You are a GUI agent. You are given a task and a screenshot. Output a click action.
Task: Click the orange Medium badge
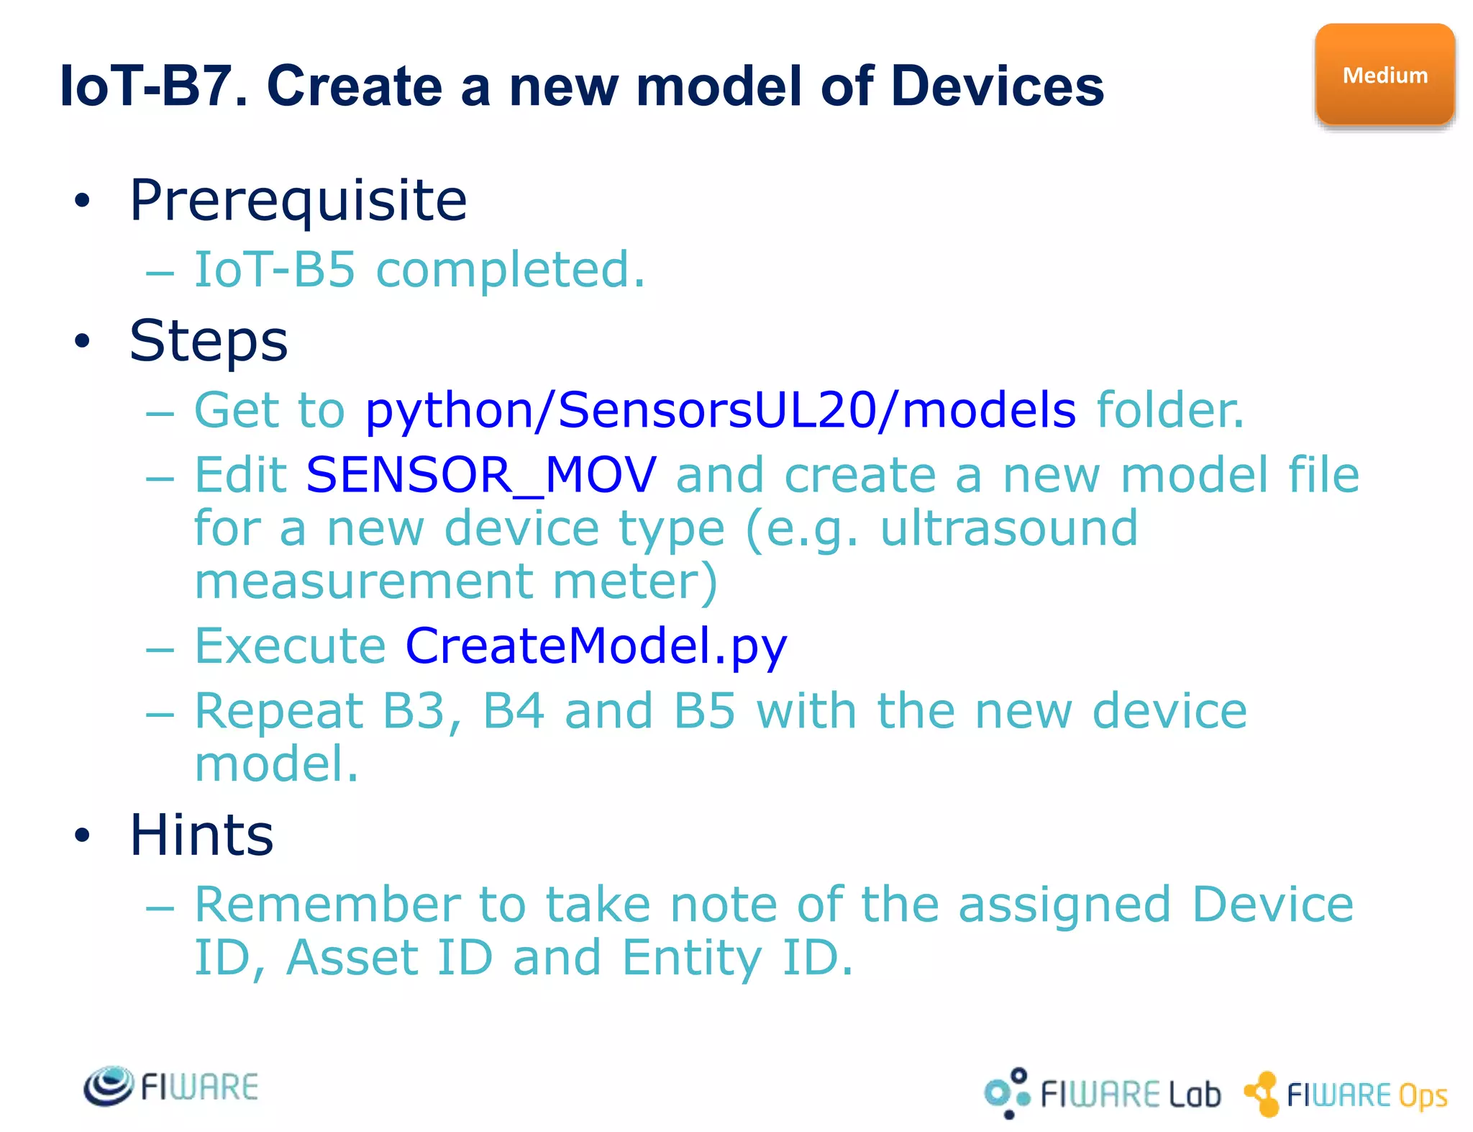1385,75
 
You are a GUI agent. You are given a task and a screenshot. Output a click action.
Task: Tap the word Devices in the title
997,86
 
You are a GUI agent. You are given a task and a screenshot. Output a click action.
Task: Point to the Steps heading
209,340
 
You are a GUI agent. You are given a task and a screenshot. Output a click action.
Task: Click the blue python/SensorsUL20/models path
720,410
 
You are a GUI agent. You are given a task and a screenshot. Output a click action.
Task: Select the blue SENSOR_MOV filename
480,475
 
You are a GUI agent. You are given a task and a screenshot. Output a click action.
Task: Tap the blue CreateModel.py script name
596,646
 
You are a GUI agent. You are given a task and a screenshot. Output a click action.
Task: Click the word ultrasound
1008,528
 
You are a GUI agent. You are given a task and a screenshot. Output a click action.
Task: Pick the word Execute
291,646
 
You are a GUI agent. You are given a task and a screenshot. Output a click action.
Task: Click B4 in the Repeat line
513,711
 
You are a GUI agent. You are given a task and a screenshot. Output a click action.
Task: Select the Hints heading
201,835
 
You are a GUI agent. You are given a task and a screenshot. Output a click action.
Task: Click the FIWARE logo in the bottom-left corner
171,1087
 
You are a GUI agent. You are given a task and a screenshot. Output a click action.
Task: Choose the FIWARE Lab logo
1102,1094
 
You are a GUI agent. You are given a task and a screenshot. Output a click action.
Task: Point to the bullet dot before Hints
82,835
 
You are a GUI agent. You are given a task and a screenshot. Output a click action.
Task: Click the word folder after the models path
1169,410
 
